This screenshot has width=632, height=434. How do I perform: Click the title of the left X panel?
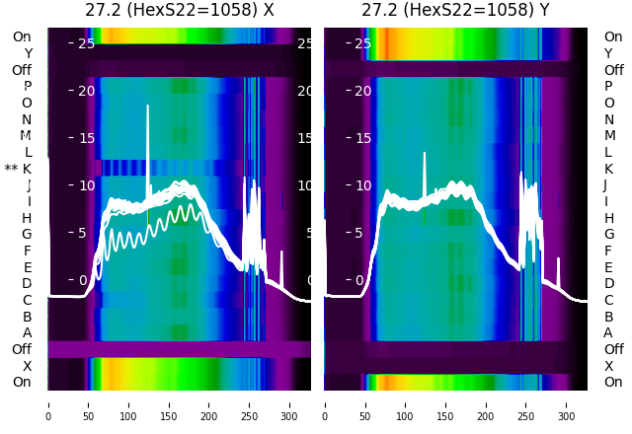click(x=179, y=11)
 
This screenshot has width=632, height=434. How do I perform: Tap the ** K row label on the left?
click(x=19, y=169)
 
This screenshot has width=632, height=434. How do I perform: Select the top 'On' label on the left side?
click(x=22, y=37)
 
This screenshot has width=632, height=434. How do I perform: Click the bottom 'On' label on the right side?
click(x=613, y=382)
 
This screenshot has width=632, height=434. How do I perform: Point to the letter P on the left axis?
click(x=27, y=86)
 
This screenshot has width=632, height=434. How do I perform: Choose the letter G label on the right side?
click(x=608, y=234)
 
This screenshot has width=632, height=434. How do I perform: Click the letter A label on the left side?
click(x=27, y=332)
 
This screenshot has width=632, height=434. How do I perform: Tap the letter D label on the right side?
click(x=608, y=283)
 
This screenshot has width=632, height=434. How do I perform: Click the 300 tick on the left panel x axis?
click(x=289, y=403)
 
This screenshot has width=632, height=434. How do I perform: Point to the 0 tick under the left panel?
click(x=48, y=403)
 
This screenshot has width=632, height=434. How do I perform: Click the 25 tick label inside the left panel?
click(x=85, y=43)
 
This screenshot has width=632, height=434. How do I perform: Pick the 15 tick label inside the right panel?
click(x=362, y=138)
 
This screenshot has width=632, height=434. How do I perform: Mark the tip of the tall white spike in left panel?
click(x=148, y=106)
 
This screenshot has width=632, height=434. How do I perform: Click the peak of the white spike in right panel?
click(x=425, y=153)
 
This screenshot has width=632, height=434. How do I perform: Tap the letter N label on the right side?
click(x=608, y=119)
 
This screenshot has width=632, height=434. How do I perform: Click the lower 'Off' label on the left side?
click(x=22, y=349)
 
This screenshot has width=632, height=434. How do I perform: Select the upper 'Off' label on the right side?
click(x=613, y=70)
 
